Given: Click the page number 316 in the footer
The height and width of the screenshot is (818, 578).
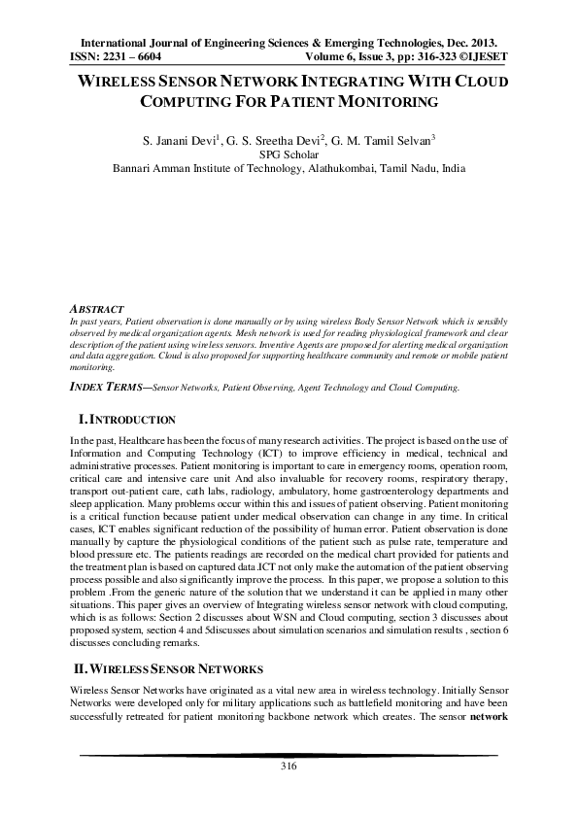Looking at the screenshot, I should coord(288,767).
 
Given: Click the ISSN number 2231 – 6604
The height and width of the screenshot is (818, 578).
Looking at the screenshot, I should coord(131,57).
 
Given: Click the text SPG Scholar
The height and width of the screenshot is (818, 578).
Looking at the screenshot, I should coord(289,153).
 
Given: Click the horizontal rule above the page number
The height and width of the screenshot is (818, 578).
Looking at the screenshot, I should coord(288,755).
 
